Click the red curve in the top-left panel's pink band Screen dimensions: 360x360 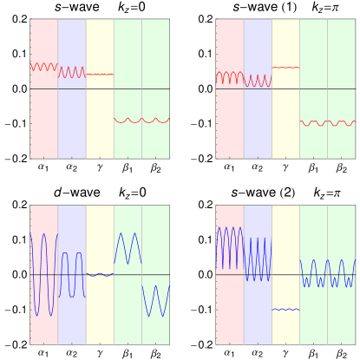pos(43,66)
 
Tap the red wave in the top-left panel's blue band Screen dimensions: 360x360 pos(71,72)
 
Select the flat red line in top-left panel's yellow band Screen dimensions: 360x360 pos(100,74)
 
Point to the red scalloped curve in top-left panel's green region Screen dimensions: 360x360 pos(141,120)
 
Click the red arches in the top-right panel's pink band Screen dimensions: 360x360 pos(230,76)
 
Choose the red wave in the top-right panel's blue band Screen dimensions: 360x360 pos(258,81)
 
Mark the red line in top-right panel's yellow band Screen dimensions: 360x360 pos(285,67)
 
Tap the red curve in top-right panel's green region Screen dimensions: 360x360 pos(327,122)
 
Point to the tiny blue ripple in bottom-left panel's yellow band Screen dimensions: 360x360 pos(100,274)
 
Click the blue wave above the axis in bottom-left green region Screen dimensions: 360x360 pos(128,247)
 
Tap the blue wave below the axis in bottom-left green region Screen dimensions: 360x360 pos(155,301)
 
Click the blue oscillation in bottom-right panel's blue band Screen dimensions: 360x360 pos(258,259)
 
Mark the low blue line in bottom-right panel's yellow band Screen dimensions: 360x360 pos(285,309)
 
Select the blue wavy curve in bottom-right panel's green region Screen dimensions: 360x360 pos(327,273)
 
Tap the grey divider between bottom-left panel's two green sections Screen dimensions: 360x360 pos(141,330)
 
